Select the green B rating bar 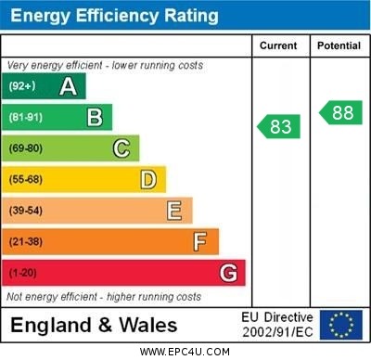pyautogui.click(x=58, y=117)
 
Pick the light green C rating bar pyautogui.click(x=71, y=148)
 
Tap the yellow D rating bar pyautogui.click(x=84, y=179)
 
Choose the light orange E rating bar pyautogui.click(x=97, y=211)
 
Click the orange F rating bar pyautogui.click(x=111, y=241)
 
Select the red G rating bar pyautogui.click(x=124, y=273)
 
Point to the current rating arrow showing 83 pyautogui.click(x=279, y=125)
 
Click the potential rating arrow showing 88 pyautogui.click(x=341, y=112)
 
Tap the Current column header pyautogui.click(x=278, y=45)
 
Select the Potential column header pyautogui.click(x=339, y=45)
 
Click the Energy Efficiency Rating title pyautogui.click(x=114, y=16)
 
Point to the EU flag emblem pyautogui.click(x=340, y=325)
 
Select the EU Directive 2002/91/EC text pyautogui.click(x=277, y=325)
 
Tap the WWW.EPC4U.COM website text pyautogui.click(x=185, y=352)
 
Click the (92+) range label pyautogui.click(x=23, y=87)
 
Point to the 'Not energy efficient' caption pyautogui.click(x=104, y=297)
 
